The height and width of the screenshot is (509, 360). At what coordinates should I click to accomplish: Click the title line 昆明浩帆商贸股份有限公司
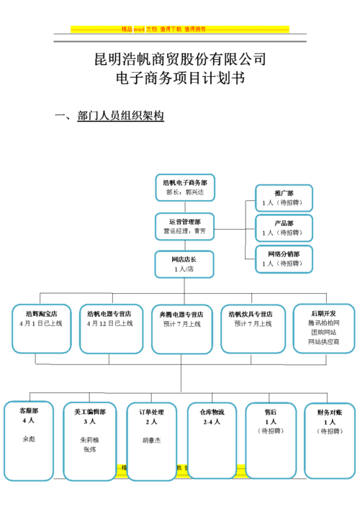pyautogui.click(x=180, y=59)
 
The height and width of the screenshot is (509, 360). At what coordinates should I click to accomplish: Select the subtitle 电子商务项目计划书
pyautogui.click(x=180, y=78)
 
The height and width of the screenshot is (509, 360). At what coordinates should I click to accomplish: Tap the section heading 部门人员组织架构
pyautogui.click(x=120, y=116)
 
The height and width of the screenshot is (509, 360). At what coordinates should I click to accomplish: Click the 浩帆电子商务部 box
pyautogui.click(x=185, y=188)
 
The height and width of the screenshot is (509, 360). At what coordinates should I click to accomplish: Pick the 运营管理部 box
pyautogui.click(x=185, y=226)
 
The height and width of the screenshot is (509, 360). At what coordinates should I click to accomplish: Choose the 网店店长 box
pyautogui.click(x=184, y=263)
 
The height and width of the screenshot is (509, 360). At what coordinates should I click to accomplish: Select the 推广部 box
pyautogui.click(x=284, y=198)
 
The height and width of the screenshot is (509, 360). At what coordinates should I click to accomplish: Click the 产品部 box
pyautogui.click(x=284, y=228)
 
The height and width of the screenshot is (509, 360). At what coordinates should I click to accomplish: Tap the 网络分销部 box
pyautogui.click(x=284, y=259)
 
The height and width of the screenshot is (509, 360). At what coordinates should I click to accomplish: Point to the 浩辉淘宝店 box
pyautogui.click(x=41, y=328)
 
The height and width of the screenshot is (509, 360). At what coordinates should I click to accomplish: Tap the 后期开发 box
pyautogui.click(x=323, y=328)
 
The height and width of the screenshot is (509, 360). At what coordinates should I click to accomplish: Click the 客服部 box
pyautogui.click(x=29, y=440)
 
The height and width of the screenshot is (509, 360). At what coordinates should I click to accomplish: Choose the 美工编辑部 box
pyautogui.click(x=89, y=440)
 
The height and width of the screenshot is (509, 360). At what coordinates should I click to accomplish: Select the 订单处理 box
pyautogui.click(x=151, y=440)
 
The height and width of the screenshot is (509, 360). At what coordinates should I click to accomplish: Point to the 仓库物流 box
pyautogui.click(x=212, y=440)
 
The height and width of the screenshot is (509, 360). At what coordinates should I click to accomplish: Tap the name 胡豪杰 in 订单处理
pyautogui.click(x=151, y=438)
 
